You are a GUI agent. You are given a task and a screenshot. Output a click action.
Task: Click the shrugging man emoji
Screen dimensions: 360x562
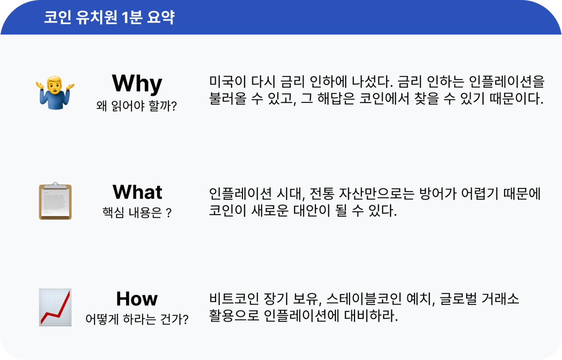click(55, 93)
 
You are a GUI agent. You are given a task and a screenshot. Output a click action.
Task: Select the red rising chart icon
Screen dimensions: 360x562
click(55, 307)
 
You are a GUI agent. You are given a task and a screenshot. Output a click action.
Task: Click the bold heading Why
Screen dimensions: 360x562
click(136, 83)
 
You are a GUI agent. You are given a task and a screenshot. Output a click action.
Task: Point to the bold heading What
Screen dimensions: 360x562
click(137, 192)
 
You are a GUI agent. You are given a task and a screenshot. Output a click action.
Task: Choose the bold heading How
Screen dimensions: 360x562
click(136, 298)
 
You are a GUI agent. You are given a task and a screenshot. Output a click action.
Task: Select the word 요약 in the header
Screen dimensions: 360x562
click(161, 17)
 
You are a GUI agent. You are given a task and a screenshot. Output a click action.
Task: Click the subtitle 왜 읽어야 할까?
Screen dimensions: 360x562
click(136, 107)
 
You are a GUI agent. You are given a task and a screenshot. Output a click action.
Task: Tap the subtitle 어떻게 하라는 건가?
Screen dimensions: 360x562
click(136, 319)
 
